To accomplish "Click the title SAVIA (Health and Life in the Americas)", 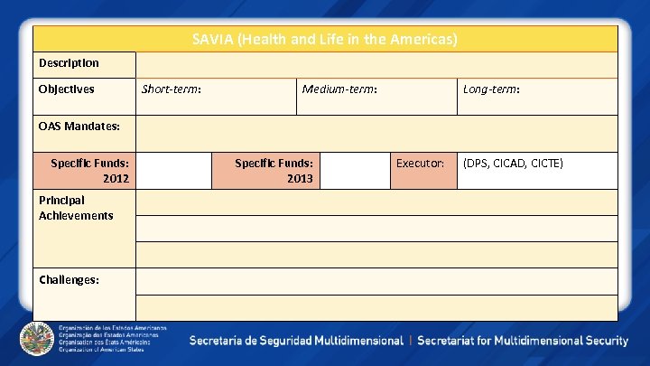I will point(325,40).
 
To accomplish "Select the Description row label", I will point(69,63).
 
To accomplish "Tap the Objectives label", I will point(66,89).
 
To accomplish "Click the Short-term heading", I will point(172,89).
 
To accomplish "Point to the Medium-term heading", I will point(339,89).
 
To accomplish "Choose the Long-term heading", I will point(491,89).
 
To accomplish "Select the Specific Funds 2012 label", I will point(89,171).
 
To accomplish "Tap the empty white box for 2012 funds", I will point(173,171).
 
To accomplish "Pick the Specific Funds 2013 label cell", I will point(274,171).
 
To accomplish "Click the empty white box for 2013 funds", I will point(356,171).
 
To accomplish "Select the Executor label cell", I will point(421,164).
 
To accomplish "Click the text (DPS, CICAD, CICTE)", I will point(513,164).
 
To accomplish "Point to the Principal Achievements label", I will point(76,208).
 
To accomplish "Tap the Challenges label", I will point(69,279).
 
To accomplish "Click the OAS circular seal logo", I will point(36,338).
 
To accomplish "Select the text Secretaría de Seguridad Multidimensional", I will point(296,341).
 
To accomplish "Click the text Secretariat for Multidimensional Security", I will point(523,341).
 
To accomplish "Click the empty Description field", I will point(376,64).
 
